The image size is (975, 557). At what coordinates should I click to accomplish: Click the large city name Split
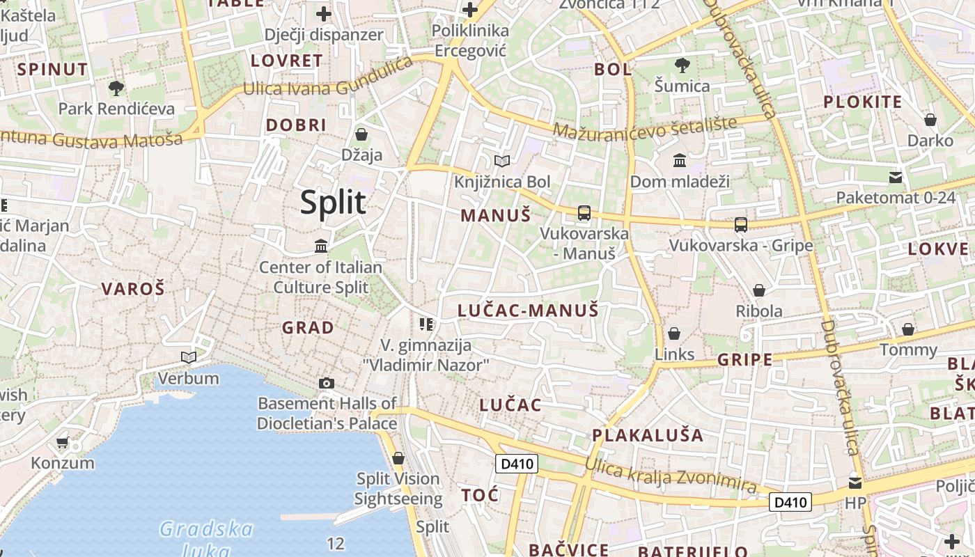coord(333,203)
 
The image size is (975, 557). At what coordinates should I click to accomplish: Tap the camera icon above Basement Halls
coord(326,383)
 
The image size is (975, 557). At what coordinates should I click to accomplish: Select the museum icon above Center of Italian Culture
coord(321,246)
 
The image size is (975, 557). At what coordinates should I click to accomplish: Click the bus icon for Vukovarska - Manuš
coord(584,213)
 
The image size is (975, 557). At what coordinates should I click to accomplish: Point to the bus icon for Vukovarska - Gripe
coord(741,225)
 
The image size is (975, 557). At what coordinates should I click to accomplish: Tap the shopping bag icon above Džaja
coord(361,134)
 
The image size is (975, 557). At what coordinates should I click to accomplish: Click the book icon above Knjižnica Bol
coord(501,161)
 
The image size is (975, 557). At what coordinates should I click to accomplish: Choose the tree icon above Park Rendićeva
coord(116,88)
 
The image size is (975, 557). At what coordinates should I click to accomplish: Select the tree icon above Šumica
coord(682,65)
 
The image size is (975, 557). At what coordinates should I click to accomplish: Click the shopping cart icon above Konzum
coord(62,442)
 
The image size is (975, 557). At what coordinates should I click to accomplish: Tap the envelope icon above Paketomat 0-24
coord(896,178)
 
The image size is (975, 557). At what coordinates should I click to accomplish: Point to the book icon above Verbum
coord(188,358)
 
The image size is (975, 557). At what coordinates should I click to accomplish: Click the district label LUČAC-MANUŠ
coord(528,311)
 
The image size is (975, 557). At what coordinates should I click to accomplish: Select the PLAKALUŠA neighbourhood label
coord(648,435)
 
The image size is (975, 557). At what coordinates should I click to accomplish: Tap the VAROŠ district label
coord(133,289)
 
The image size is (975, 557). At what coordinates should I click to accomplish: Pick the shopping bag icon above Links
coord(673,334)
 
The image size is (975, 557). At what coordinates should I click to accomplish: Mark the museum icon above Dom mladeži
coord(680,161)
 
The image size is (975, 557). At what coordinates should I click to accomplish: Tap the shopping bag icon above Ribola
coord(759,290)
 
